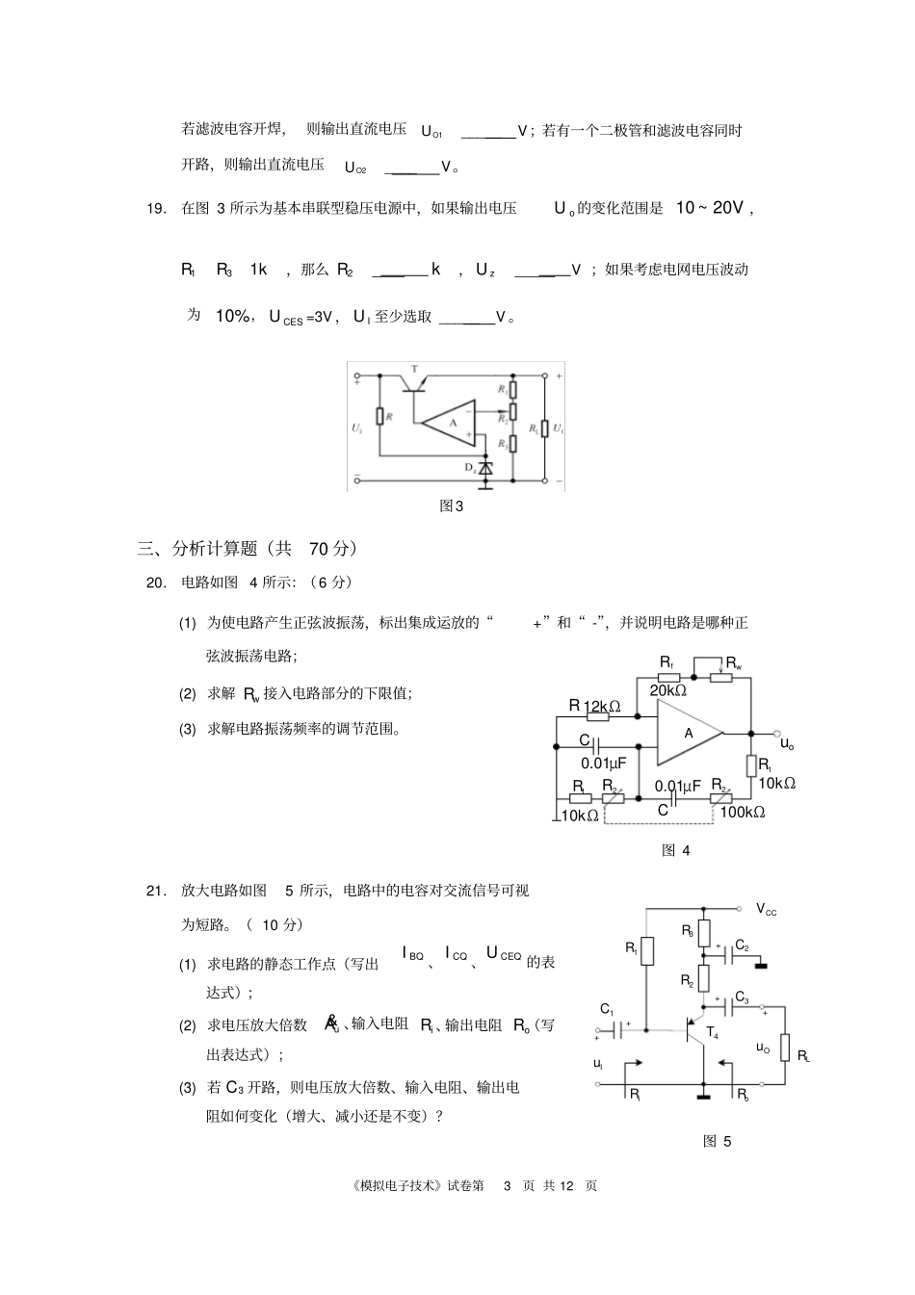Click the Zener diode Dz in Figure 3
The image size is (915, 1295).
(x=486, y=468)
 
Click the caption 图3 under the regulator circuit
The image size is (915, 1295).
(x=451, y=505)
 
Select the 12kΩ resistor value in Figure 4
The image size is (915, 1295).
(x=601, y=706)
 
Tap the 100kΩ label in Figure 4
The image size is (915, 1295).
(x=742, y=813)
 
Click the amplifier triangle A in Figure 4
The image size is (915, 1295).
(x=690, y=733)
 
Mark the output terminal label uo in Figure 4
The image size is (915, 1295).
(x=787, y=743)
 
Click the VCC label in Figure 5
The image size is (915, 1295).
(x=767, y=909)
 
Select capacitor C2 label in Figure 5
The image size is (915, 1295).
(x=742, y=945)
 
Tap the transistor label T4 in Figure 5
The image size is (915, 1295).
(x=712, y=1032)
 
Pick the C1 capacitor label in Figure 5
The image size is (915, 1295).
(x=607, y=1008)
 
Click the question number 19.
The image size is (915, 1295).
(x=156, y=208)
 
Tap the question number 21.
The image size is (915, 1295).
(x=156, y=891)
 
